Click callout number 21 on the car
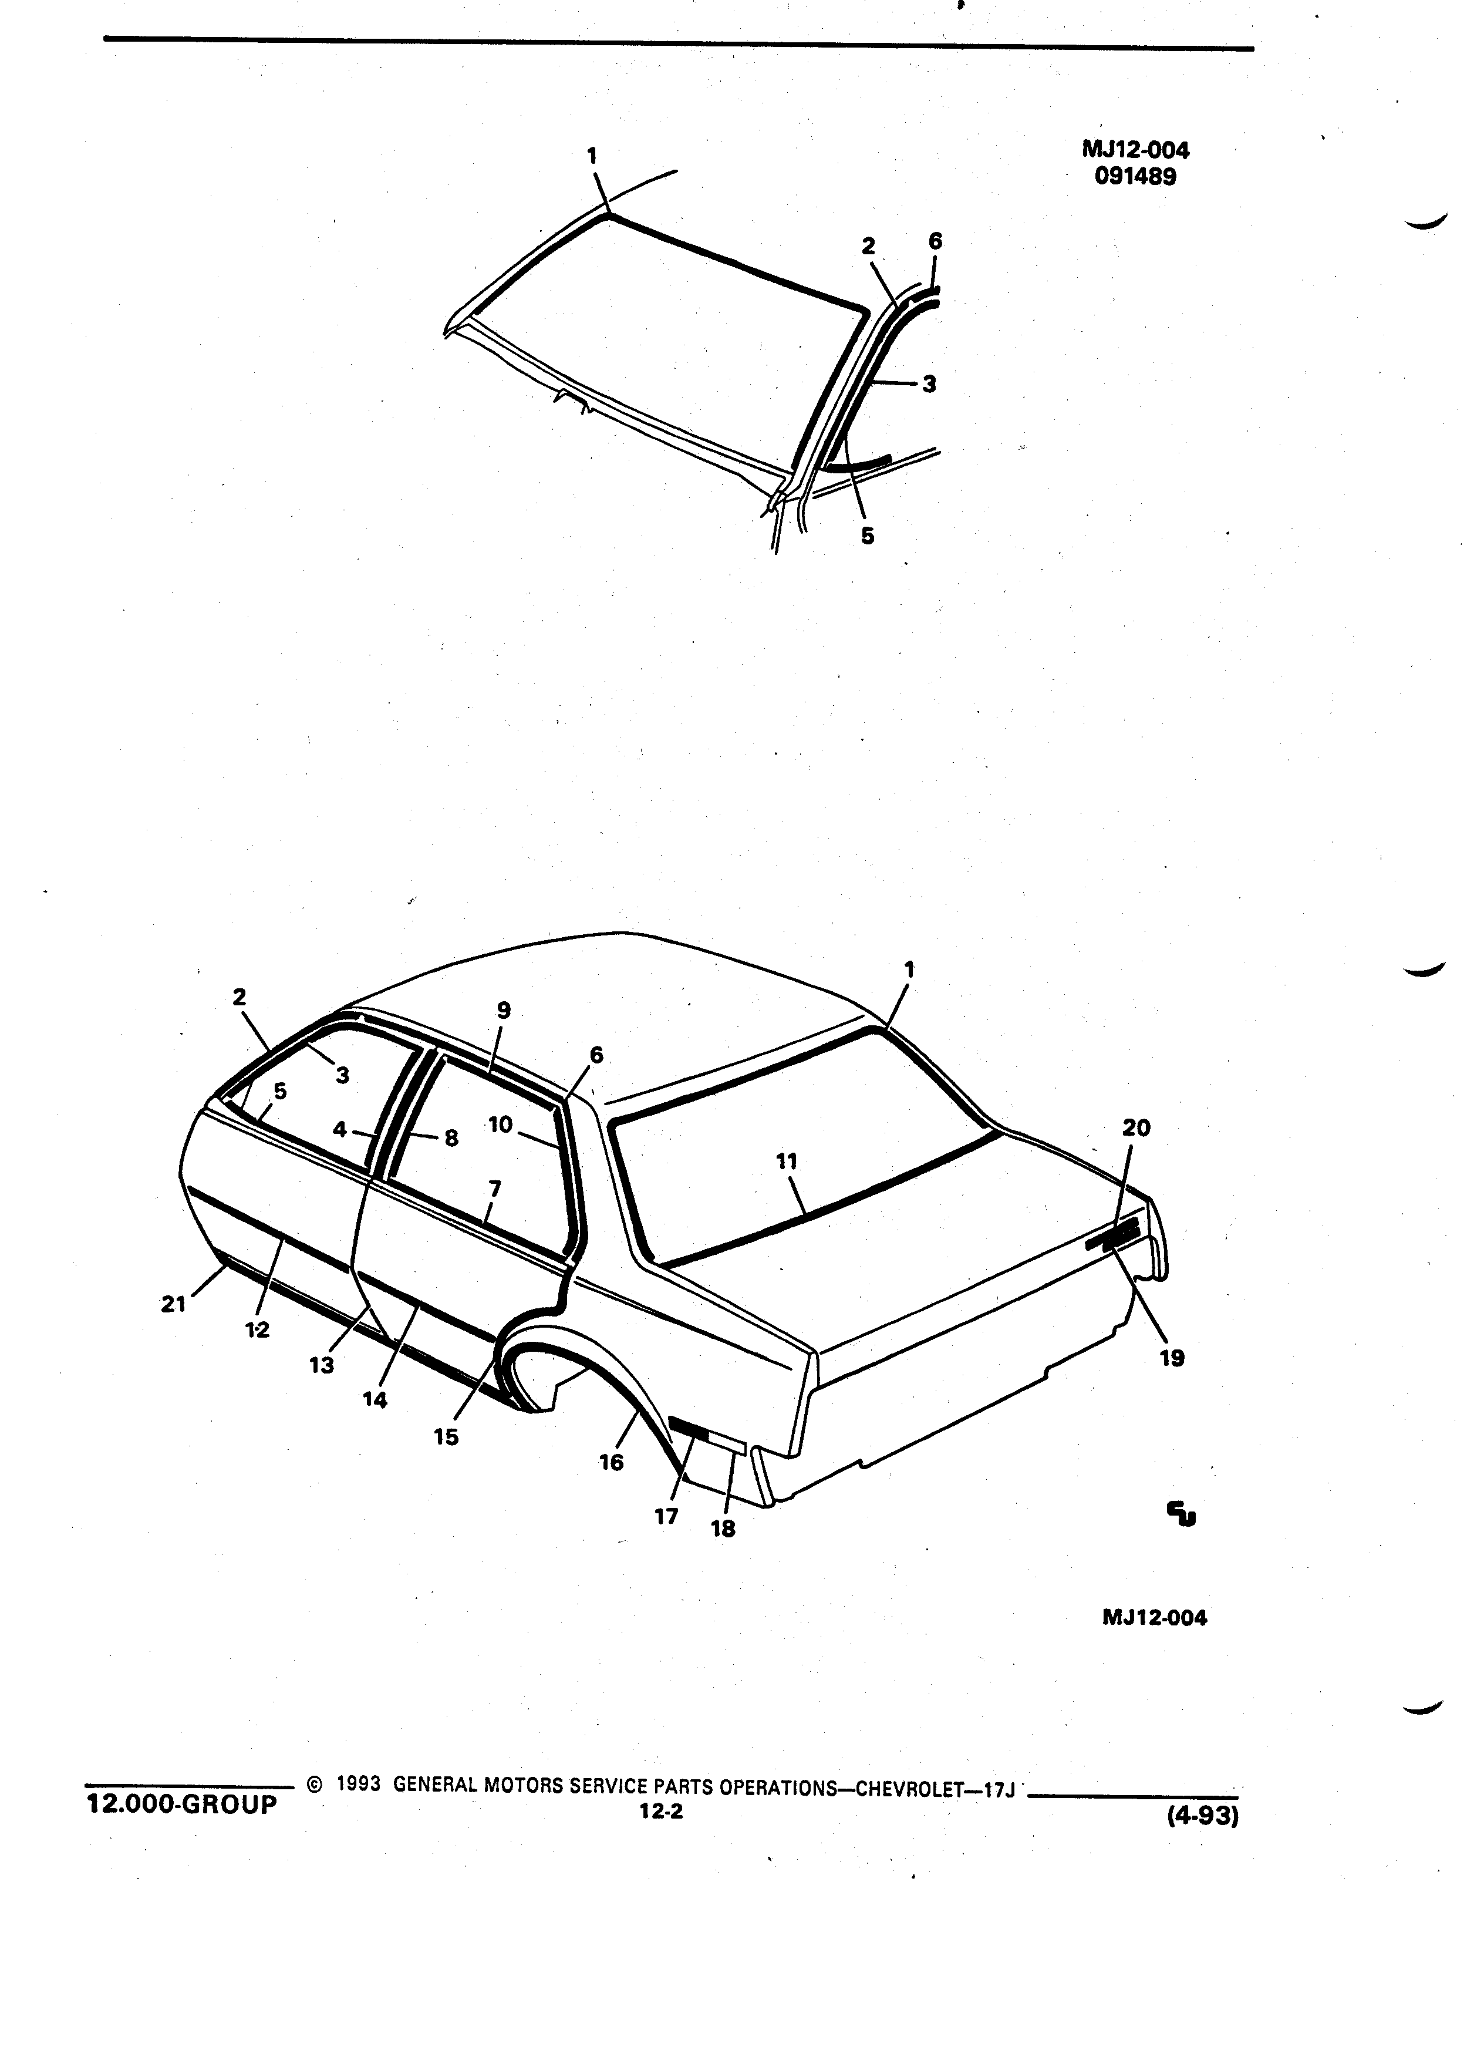click(x=173, y=1304)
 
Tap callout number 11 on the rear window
click(x=786, y=1161)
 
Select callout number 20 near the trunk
click(x=1136, y=1128)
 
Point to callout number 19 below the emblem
click(x=1172, y=1358)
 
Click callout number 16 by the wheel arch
click(x=611, y=1462)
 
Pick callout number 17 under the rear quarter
click(x=666, y=1516)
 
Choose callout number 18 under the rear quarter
click(x=723, y=1529)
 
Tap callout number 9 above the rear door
click(x=504, y=1010)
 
